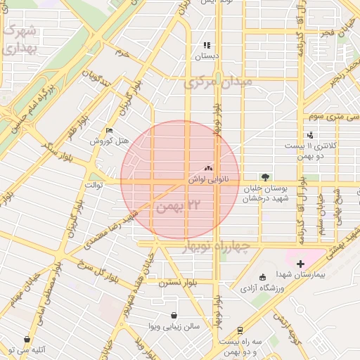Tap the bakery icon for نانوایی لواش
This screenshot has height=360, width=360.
click(208, 169)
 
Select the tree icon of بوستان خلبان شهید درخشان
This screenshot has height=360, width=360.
click(265, 177)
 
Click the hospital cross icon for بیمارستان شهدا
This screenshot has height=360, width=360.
click(301, 263)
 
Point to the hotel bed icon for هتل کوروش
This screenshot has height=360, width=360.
click(108, 131)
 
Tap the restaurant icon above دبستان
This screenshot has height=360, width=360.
click(207, 45)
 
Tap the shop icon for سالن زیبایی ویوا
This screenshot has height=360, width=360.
click(174, 316)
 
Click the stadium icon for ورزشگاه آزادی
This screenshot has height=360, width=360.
click(263, 276)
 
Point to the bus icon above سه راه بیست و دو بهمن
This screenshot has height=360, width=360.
click(240, 330)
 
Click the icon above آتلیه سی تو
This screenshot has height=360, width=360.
click(27, 340)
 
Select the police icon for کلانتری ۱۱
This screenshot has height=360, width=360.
click(310, 135)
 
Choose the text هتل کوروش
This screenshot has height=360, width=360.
click(110, 141)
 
